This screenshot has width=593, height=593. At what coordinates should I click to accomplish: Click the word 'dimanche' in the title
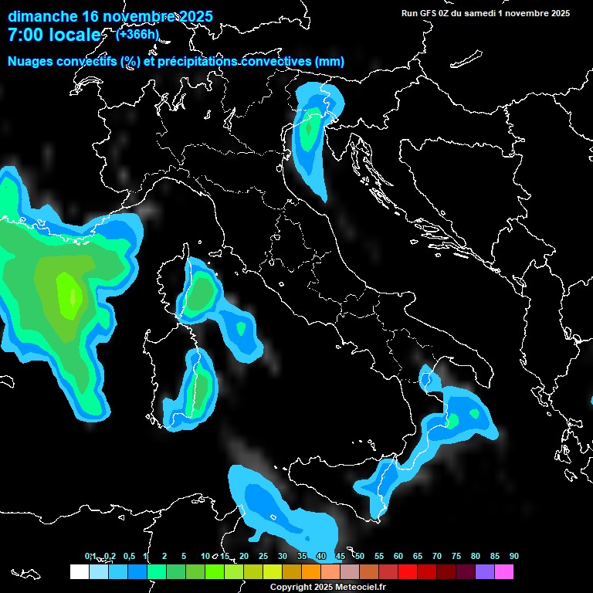43,16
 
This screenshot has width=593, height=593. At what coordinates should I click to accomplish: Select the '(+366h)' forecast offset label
137,34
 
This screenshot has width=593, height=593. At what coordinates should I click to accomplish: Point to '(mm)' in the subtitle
330,61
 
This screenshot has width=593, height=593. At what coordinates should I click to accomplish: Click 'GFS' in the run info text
436,13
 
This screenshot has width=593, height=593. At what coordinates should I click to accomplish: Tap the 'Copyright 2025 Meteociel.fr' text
327,587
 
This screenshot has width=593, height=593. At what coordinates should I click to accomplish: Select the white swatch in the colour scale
79,571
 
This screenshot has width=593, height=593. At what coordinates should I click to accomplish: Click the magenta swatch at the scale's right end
504,571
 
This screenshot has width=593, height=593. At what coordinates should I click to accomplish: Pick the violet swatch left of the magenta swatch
485,571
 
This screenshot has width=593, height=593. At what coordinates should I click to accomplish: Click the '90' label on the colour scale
513,556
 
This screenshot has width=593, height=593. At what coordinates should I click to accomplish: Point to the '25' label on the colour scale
263,556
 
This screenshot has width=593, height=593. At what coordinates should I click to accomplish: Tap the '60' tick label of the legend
398,556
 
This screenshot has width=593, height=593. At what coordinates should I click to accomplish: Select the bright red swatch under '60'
408,571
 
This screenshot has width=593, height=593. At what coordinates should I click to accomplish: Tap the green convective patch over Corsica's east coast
202,292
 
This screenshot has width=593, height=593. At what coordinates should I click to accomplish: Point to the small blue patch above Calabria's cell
427,378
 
